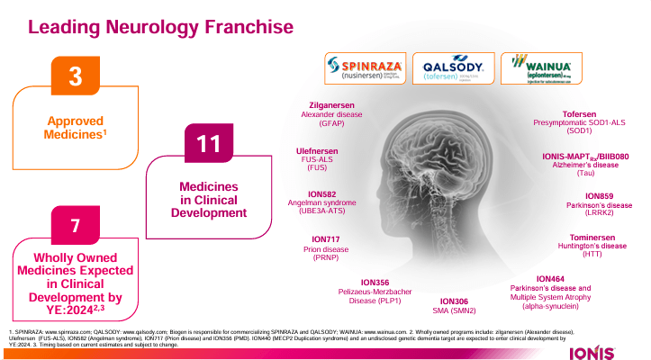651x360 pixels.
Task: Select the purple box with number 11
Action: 209,143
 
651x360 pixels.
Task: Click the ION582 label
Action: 319,193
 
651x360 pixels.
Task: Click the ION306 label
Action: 455,301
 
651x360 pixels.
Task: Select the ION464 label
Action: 549,279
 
